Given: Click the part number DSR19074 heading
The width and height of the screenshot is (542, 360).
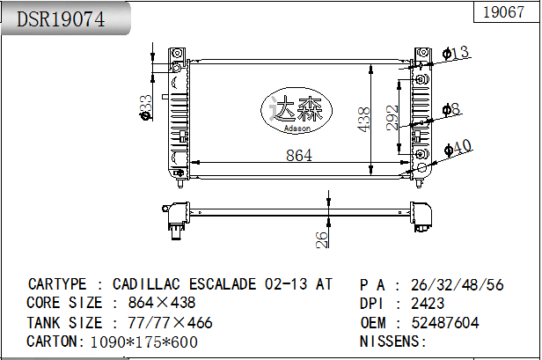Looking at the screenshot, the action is [x=61, y=19].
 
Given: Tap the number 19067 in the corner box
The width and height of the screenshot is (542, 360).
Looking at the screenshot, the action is [x=503, y=12].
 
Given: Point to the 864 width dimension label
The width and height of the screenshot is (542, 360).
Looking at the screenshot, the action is [x=299, y=155].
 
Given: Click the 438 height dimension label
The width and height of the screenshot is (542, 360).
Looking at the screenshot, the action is [x=364, y=120].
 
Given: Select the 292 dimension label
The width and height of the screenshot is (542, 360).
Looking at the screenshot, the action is [x=392, y=118].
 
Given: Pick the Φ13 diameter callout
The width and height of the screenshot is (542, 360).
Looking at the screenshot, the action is [x=456, y=53].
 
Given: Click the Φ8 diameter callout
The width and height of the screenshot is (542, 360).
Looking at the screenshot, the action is [x=451, y=109].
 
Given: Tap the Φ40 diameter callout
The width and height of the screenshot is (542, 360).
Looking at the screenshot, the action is [x=458, y=148].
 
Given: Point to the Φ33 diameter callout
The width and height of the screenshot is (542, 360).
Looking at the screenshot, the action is [x=145, y=107].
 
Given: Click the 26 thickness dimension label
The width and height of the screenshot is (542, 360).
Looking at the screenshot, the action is [x=322, y=239].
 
